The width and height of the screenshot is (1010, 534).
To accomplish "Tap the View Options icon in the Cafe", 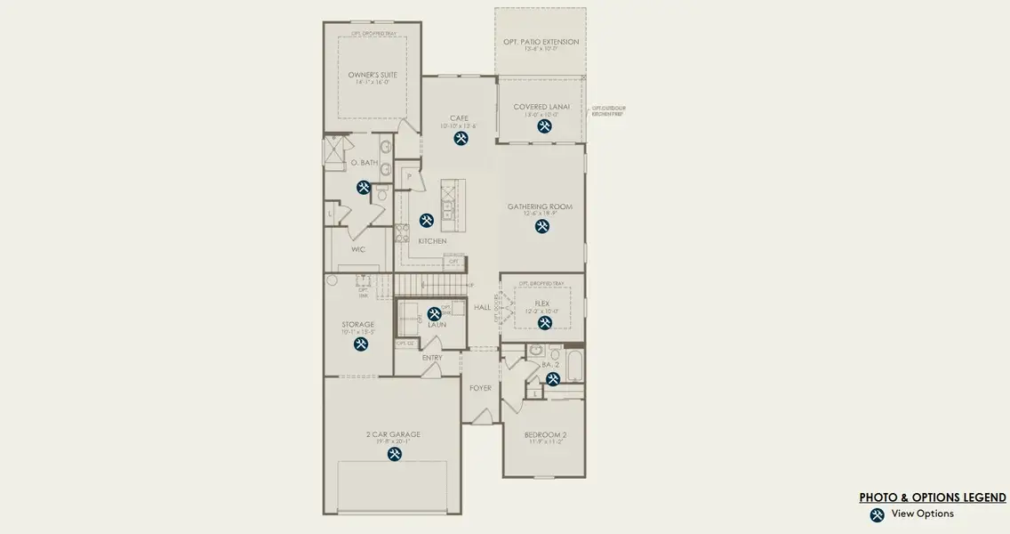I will [x=461, y=138].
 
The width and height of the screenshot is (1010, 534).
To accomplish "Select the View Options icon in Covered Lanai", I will [x=544, y=126].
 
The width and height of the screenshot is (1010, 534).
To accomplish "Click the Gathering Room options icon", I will [x=541, y=226].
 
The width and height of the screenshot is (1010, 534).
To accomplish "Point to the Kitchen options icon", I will [x=427, y=220].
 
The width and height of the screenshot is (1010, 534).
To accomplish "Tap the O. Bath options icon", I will [x=364, y=188].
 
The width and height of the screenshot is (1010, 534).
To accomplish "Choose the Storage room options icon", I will [x=361, y=344].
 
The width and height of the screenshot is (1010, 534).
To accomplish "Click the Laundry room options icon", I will [x=434, y=313].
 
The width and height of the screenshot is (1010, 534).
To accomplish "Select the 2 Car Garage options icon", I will [x=395, y=454].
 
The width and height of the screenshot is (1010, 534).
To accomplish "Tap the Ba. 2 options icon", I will [x=552, y=379].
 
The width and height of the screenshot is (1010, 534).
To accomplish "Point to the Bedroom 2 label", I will [x=546, y=435].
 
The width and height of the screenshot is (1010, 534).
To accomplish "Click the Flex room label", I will [x=541, y=303].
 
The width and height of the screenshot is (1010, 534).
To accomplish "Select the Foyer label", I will [x=480, y=388].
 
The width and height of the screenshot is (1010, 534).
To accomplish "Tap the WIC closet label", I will [x=357, y=249].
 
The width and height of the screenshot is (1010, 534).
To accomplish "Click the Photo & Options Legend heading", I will [x=932, y=498].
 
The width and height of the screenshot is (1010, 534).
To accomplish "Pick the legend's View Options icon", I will [x=877, y=514].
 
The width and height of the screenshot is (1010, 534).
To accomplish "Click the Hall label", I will [x=482, y=307].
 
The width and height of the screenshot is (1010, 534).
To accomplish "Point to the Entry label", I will [x=432, y=358].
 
